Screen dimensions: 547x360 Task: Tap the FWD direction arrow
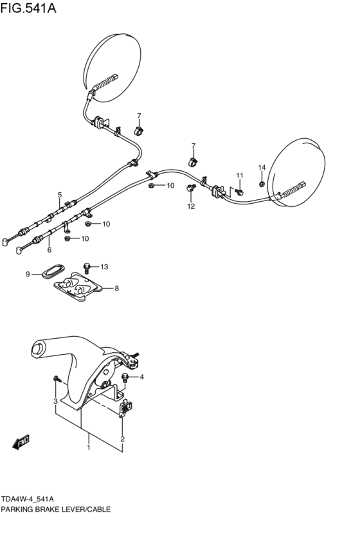pyautogui.click(x=21, y=442)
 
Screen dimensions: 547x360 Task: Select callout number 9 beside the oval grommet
pyautogui.click(x=28, y=274)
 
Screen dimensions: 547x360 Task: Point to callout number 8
pyautogui.click(x=116, y=289)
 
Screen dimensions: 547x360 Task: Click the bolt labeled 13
pyautogui.click(x=87, y=265)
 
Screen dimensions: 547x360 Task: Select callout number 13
pyautogui.click(x=104, y=266)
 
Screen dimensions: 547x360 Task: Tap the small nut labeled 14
pyautogui.click(x=262, y=183)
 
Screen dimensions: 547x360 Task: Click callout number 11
pyautogui.click(x=239, y=175)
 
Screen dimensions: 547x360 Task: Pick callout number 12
pyautogui.click(x=191, y=206)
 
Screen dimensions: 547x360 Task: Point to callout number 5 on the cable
pyautogui.click(x=60, y=195)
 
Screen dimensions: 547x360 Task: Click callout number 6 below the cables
pyautogui.click(x=49, y=249)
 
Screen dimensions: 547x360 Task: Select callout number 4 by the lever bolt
pyautogui.click(x=141, y=377)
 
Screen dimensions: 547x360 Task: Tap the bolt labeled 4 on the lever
pyautogui.click(x=126, y=377)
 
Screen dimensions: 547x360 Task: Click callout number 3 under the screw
pyautogui.click(x=55, y=402)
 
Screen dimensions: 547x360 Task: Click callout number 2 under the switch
pyautogui.click(x=122, y=439)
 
